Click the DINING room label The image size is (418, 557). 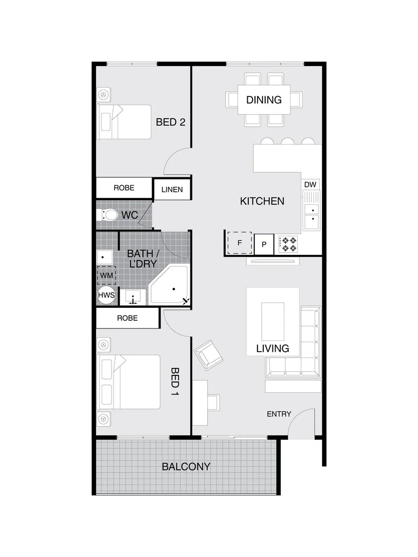coord(264,100)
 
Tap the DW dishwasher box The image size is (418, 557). coord(310,185)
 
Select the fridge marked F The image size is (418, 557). coord(239,242)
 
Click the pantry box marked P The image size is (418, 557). coord(264,244)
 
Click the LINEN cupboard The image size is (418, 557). coord(172,189)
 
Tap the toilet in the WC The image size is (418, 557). coord(109,215)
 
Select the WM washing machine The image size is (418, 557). coord(106,275)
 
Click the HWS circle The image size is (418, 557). coord(106,296)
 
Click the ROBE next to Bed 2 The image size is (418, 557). coord(124,188)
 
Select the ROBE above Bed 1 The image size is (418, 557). coord(127,318)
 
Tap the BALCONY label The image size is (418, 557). coord(186,467)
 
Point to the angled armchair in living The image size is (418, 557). coord(209,354)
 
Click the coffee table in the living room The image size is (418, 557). coord(273,320)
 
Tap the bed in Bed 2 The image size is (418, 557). coord(124,122)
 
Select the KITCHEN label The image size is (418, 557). coord(262,201)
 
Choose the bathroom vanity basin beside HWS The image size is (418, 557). coord(134,298)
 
